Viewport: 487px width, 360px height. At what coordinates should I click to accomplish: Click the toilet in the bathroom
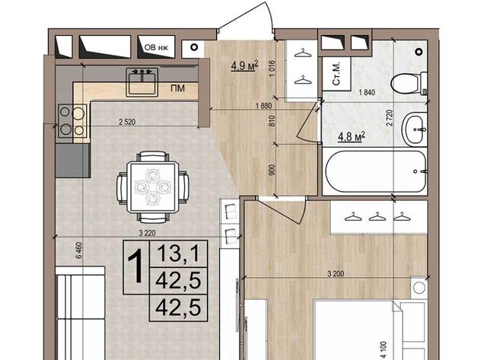(x=409, y=83)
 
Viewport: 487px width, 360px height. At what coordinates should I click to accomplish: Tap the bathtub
(x=375, y=172)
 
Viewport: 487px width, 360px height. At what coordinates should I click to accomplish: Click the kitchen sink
(x=142, y=81)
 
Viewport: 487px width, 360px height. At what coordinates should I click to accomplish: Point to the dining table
(x=153, y=187)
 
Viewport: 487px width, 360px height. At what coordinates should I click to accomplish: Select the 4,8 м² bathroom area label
(x=352, y=136)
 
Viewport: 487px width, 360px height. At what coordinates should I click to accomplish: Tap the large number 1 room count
(x=136, y=267)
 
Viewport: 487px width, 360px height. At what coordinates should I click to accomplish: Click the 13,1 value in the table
(x=178, y=253)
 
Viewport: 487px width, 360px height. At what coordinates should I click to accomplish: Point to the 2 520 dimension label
(x=127, y=122)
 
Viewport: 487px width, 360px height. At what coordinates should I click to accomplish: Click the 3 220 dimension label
(x=147, y=233)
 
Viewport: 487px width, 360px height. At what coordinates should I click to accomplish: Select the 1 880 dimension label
(x=263, y=106)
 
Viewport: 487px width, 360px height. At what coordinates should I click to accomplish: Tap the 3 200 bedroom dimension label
(x=336, y=274)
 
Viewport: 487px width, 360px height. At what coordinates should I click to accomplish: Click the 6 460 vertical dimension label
(x=78, y=250)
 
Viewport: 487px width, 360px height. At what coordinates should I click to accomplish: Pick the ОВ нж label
(x=156, y=47)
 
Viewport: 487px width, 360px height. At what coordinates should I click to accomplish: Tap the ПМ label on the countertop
(x=177, y=88)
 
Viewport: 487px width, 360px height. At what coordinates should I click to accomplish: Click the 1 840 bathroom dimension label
(x=367, y=92)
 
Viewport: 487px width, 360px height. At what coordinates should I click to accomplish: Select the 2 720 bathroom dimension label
(x=390, y=117)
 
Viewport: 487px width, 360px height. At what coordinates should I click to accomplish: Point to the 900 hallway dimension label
(x=272, y=170)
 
